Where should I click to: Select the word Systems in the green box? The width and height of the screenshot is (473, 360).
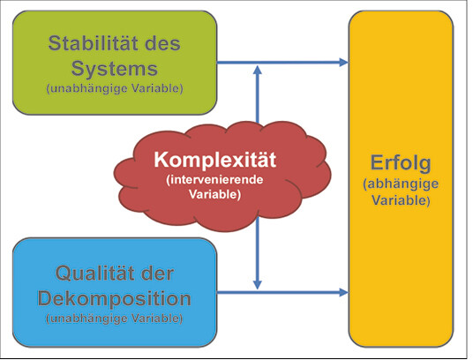pyautogui.click(x=115, y=69)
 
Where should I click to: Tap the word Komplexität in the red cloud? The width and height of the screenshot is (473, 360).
pyautogui.click(x=214, y=160)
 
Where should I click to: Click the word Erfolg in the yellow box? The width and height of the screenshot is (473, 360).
pyautogui.click(x=401, y=164)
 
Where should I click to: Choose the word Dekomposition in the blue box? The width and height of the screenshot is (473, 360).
pyautogui.click(x=115, y=299)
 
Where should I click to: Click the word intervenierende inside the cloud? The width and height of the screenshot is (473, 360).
pyautogui.click(x=214, y=180)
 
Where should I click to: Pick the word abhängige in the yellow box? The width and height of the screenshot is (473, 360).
pyautogui.click(x=401, y=184)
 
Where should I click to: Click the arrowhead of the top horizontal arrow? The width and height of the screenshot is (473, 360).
pyautogui.click(x=343, y=63)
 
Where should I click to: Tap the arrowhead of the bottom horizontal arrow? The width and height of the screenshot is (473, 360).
pyautogui.click(x=343, y=292)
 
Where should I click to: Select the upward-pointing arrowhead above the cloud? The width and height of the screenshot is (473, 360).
pyautogui.click(x=258, y=70)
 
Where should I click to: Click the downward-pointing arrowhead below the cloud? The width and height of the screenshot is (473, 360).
pyautogui.click(x=258, y=285)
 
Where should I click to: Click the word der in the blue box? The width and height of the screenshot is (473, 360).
pyautogui.click(x=157, y=274)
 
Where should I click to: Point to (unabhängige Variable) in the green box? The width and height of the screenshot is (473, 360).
pyautogui.click(x=115, y=89)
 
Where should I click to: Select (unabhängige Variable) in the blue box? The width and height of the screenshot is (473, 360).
pyautogui.click(x=115, y=319)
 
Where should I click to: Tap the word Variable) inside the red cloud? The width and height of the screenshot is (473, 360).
pyautogui.click(x=214, y=194)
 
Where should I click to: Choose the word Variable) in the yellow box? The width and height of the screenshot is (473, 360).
pyautogui.click(x=401, y=200)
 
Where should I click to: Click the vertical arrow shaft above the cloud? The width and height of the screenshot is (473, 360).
pyautogui.click(x=258, y=98)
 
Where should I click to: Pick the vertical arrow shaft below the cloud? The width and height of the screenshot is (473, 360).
pyautogui.click(x=258, y=249)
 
